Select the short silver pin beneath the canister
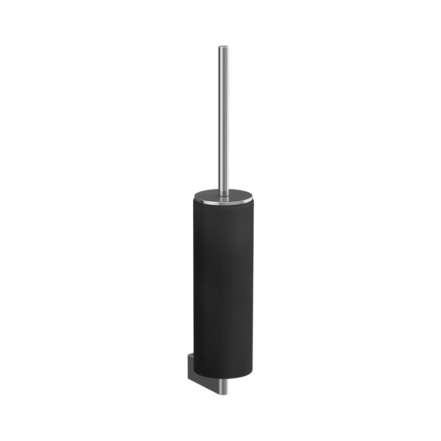coord(224,388)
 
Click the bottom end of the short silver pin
coord(224,395)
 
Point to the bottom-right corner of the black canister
coord(253,373)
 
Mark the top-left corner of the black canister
coord(192,203)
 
